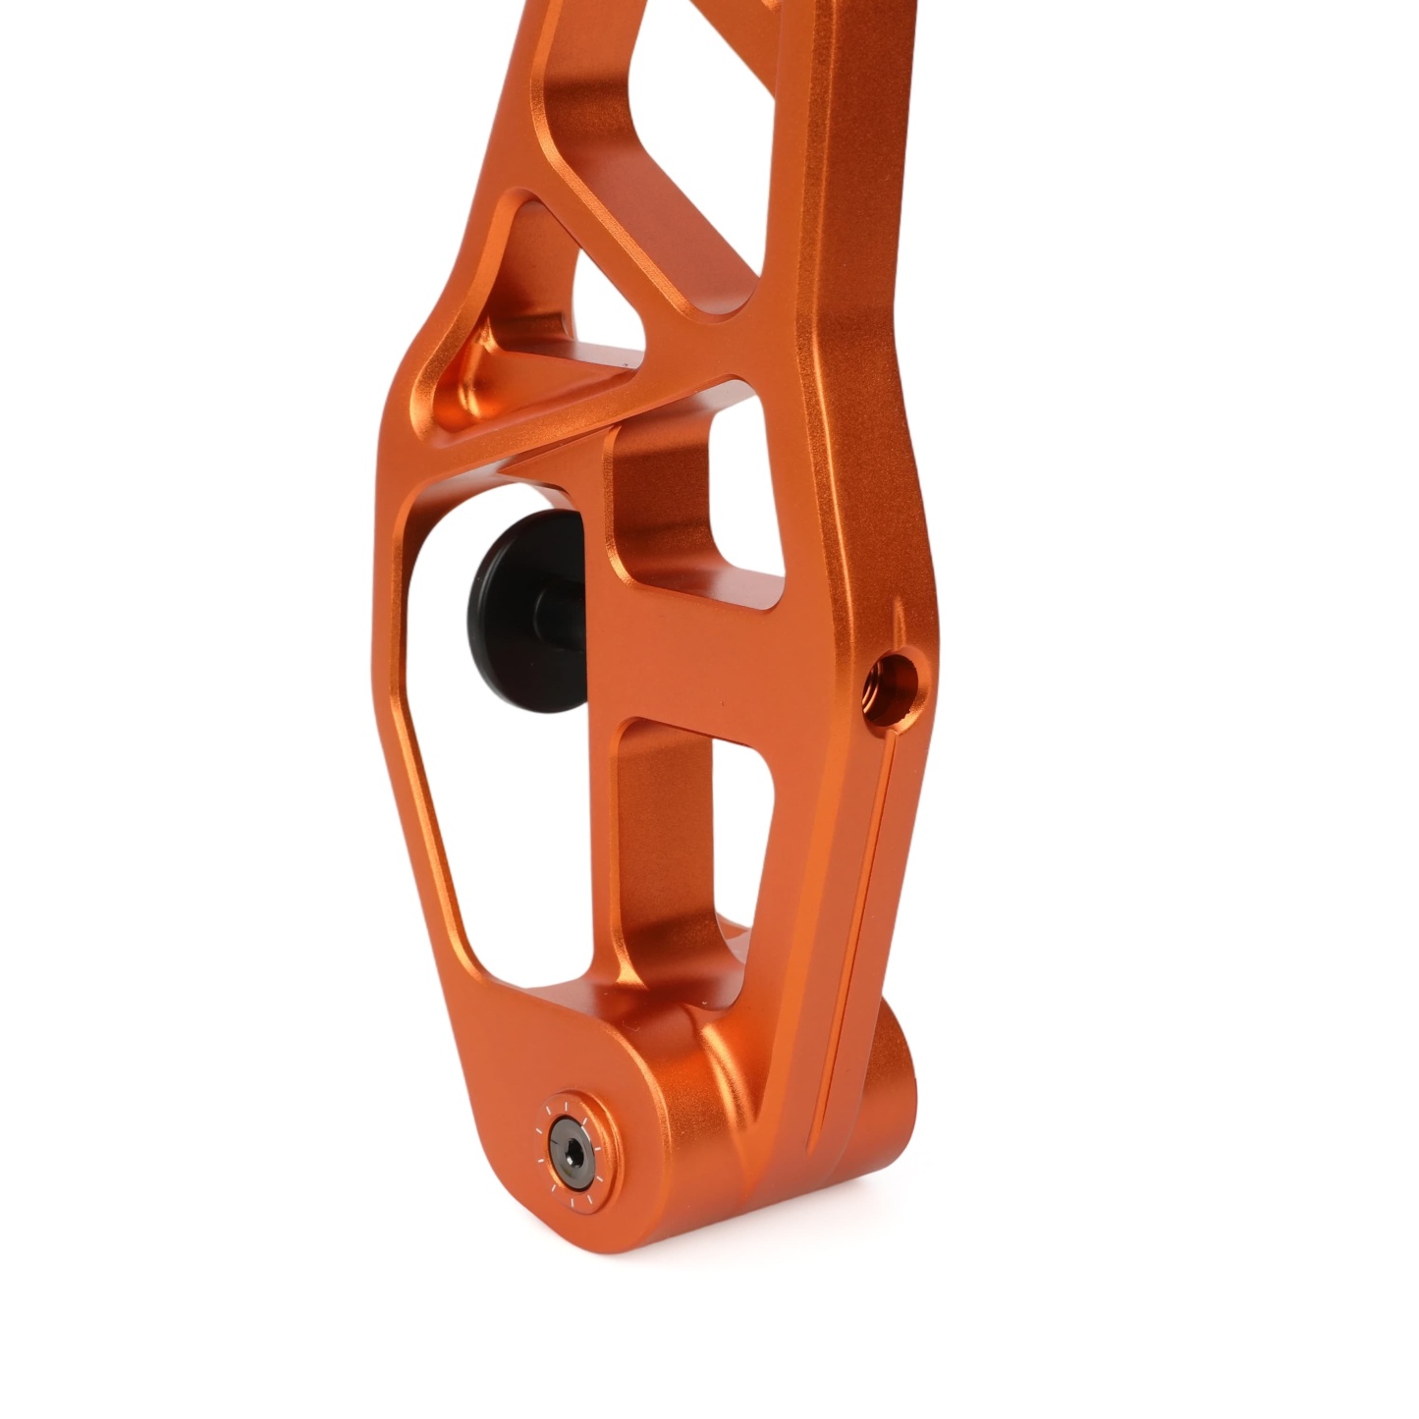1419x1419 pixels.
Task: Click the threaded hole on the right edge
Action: pos(895,678)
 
